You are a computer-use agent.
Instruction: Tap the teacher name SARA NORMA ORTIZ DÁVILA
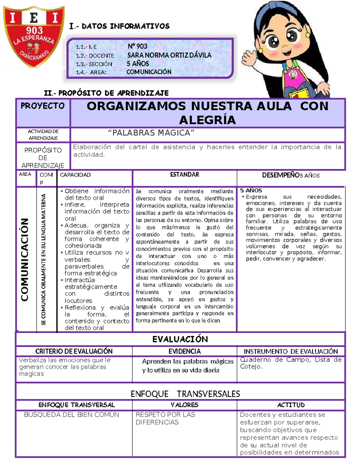(169, 55)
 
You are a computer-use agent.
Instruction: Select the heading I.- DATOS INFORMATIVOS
(119, 26)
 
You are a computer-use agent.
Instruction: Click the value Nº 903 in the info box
(137, 46)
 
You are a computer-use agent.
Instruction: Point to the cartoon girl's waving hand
(251, 57)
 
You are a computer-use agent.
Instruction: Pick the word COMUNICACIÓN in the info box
(149, 72)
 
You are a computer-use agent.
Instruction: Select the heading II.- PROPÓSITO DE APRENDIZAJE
(106, 93)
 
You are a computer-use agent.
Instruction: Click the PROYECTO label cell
(43, 106)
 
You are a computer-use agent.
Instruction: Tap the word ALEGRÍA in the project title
(207, 120)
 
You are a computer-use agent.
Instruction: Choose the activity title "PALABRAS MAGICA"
(151, 133)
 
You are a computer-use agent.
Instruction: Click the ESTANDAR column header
(184, 175)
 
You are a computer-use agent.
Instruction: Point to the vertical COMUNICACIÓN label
(25, 260)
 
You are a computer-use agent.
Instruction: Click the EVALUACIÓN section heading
(180, 339)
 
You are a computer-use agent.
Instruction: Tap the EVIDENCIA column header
(184, 351)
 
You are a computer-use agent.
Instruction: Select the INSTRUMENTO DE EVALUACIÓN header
(290, 351)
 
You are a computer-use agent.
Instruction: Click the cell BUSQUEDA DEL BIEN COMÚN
(71, 415)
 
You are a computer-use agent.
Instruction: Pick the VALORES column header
(184, 405)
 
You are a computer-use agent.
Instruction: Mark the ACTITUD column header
(291, 405)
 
